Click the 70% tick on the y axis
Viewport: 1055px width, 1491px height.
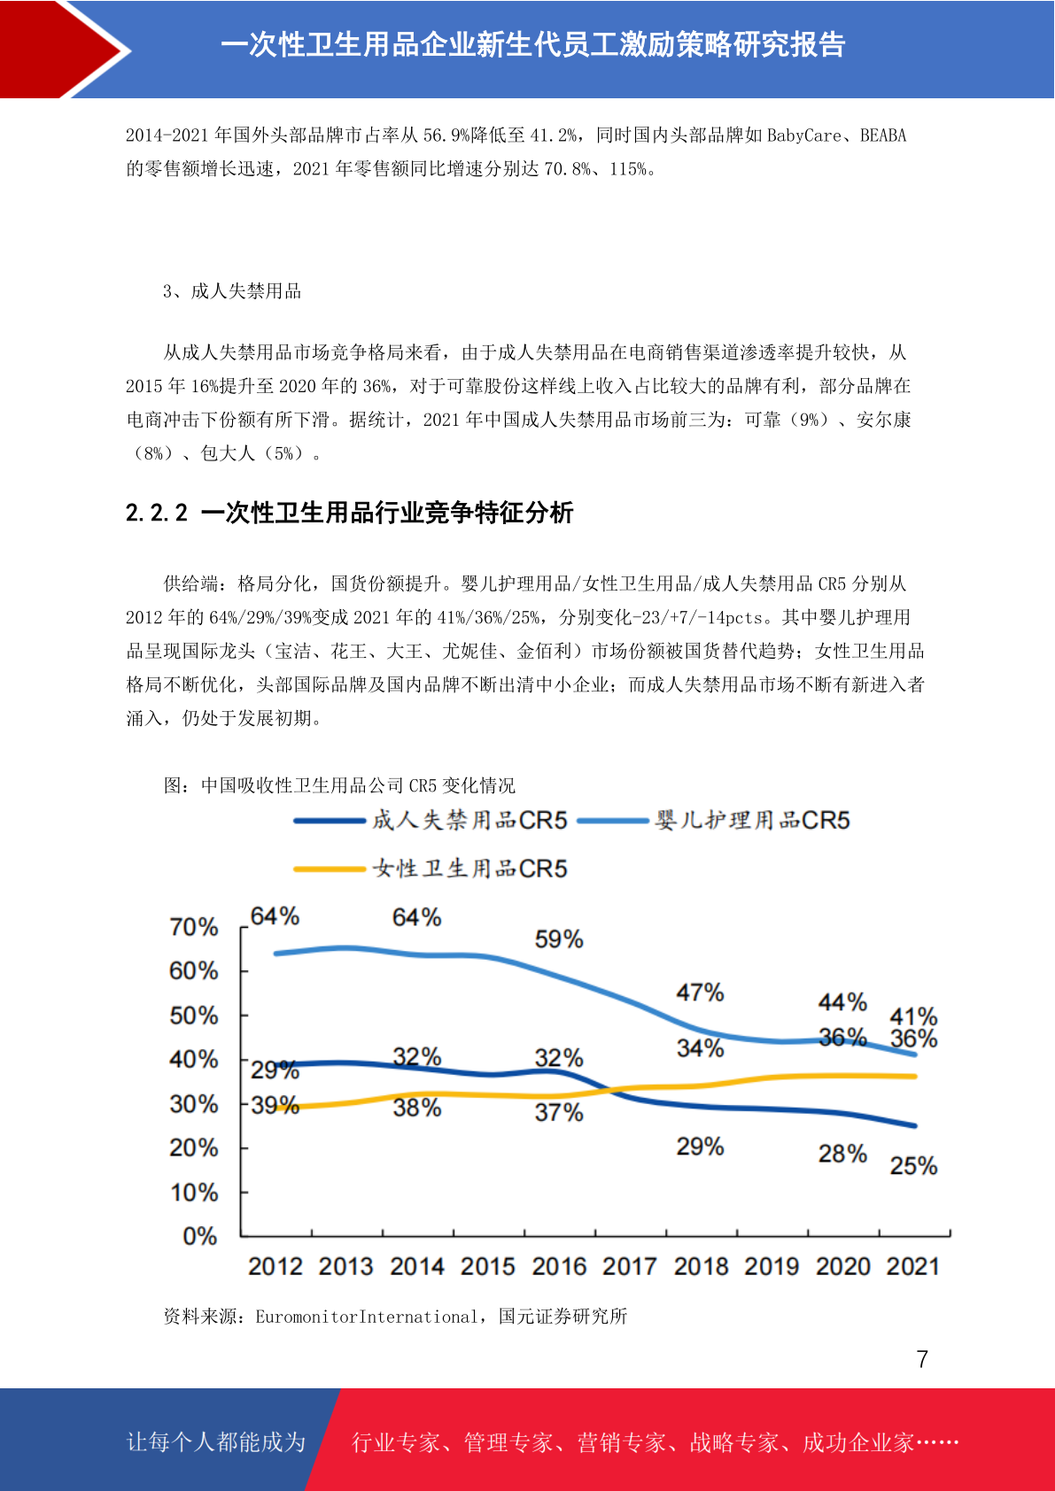194,926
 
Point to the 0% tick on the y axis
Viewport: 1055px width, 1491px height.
200,1236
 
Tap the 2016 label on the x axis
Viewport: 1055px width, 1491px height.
559,1266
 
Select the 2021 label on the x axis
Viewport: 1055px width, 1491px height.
912,1266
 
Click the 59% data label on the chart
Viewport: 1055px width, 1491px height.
559,939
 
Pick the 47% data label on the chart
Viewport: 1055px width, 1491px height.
700,993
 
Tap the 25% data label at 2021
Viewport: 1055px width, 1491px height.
913,1165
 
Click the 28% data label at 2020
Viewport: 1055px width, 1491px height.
842,1154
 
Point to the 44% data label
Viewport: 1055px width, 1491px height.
842,1001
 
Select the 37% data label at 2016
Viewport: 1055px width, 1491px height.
559,1112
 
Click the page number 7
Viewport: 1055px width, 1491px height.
922,1359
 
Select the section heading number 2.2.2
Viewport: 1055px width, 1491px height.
157,513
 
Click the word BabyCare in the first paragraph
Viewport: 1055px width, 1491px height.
804,135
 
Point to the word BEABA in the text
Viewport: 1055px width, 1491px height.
883,135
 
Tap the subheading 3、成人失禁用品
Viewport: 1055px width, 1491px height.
232,291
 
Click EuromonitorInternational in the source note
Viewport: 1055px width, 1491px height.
367,1317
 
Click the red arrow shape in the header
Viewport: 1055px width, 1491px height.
60,50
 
